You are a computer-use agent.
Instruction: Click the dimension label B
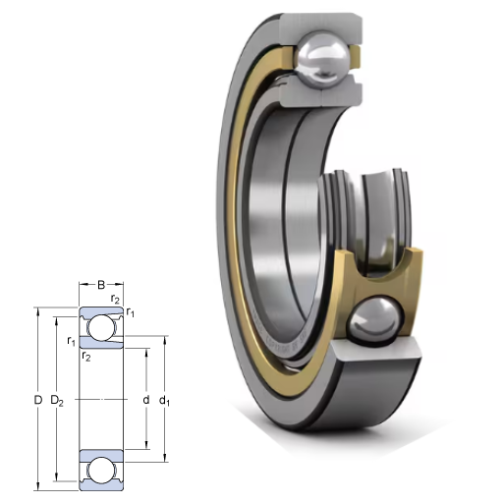tap(101, 285)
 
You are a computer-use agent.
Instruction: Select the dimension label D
tap(38, 400)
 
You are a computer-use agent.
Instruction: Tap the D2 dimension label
tap(57, 401)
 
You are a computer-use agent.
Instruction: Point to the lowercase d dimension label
tap(146, 400)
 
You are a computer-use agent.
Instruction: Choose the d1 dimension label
tap(164, 401)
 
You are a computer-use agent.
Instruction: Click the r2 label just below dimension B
tap(115, 299)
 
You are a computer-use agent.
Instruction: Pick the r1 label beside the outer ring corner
tap(131, 312)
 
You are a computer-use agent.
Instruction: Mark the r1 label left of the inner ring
tap(71, 342)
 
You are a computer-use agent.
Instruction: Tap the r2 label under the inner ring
tap(86, 356)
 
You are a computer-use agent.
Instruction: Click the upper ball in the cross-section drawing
tap(101, 328)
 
